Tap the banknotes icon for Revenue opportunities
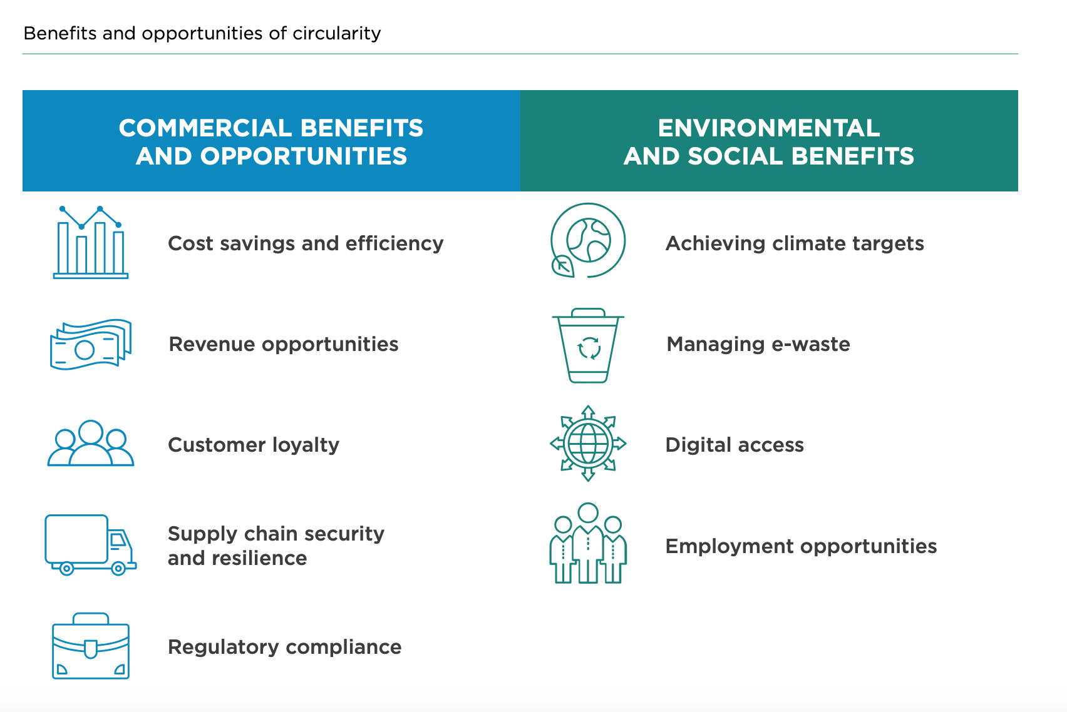(x=91, y=344)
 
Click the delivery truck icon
(x=91, y=544)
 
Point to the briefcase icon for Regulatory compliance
(x=91, y=646)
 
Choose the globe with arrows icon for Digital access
(x=588, y=443)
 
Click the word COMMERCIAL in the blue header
(x=205, y=128)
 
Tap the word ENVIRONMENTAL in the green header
(x=769, y=128)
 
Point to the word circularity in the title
(x=336, y=34)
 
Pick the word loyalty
(x=306, y=445)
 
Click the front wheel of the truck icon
(x=118, y=568)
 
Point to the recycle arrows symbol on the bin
(x=589, y=348)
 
